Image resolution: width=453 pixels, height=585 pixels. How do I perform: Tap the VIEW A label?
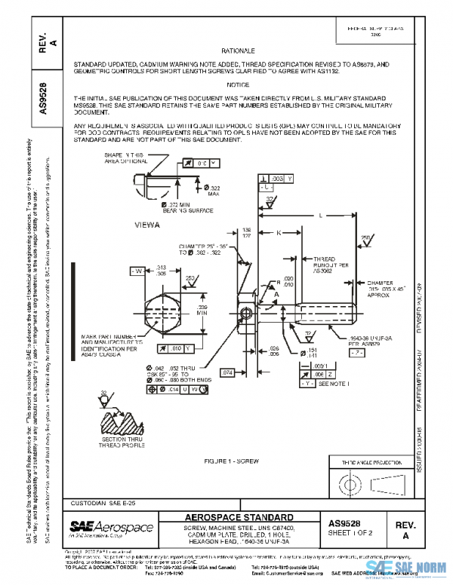tap(146, 225)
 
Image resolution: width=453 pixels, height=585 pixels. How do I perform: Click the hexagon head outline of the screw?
tap(161, 311)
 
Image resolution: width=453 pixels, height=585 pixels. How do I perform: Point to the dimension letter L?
tap(322, 215)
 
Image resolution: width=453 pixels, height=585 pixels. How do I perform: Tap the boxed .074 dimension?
tap(229, 372)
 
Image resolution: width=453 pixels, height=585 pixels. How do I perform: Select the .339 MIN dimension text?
tap(202, 311)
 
